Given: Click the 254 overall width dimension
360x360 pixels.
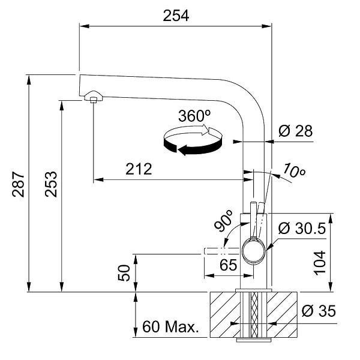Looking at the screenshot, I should [176, 16].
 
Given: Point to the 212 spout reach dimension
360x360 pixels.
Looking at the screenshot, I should [139, 170].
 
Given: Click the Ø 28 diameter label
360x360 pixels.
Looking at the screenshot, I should [296, 131].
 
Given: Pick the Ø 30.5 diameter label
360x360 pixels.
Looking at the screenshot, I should [302, 228].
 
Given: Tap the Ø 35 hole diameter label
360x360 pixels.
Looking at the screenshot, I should [319, 311].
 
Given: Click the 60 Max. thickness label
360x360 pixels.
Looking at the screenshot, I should [170, 328].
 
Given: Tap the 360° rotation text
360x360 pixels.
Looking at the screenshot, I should [194, 116].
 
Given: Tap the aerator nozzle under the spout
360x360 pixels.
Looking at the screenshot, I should [93, 97].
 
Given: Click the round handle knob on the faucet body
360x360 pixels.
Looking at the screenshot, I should [253, 250].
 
